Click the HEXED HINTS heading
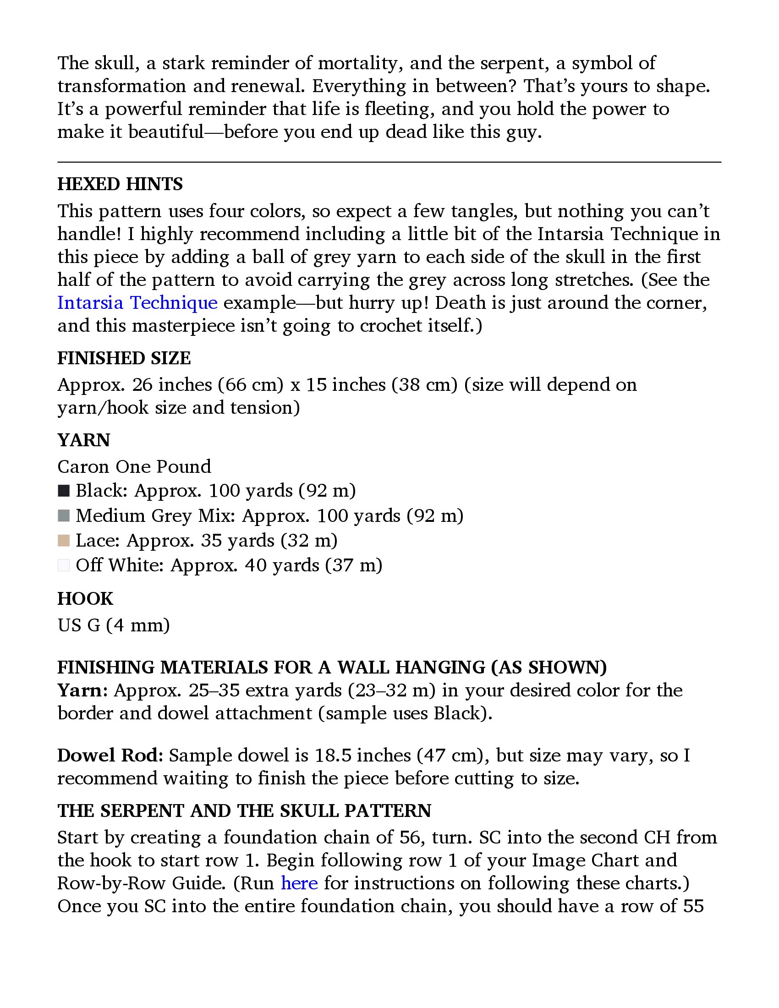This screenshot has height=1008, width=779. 120,184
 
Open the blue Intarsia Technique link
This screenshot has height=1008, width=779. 137,303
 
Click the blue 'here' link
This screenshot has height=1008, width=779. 299,883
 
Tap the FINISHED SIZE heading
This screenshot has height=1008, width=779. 124,358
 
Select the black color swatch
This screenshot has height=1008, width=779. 64,491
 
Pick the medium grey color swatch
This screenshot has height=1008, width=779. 64,515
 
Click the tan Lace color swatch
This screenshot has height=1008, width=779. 64,541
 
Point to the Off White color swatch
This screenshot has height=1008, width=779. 64,565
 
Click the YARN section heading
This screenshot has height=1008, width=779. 83,440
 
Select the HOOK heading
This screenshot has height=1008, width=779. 85,599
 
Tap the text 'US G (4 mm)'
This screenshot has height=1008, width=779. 114,625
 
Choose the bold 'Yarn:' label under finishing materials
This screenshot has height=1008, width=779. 82,690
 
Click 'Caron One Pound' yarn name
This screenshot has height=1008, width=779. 134,466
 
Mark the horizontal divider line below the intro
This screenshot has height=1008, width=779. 389,162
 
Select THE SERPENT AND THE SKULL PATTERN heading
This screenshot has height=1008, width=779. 244,811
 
